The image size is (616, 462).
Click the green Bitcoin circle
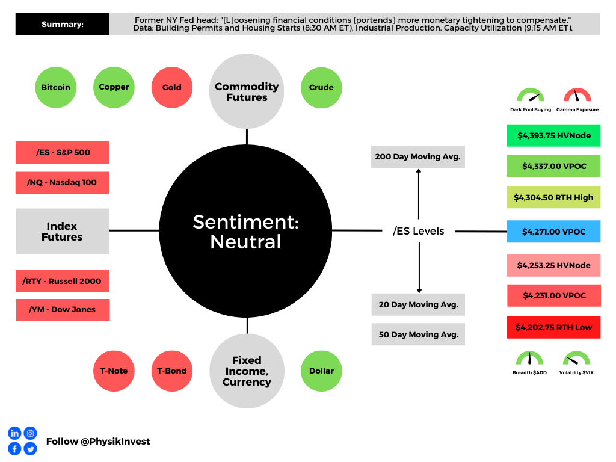point(55,87)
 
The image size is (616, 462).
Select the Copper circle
point(114,87)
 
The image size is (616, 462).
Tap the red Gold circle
point(171,87)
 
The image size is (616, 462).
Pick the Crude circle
point(321,87)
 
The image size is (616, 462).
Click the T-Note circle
point(114,371)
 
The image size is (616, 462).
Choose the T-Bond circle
point(171,371)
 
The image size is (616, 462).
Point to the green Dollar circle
point(321,371)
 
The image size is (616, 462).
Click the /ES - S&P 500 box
point(62,152)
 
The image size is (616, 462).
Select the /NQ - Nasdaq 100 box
point(62,183)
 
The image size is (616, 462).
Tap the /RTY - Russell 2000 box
point(63,281)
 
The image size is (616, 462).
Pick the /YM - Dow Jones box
point(63,310)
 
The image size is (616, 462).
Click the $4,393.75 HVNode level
point(553,136)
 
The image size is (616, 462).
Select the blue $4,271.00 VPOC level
point(553,232)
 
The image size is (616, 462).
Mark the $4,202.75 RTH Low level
point(553,328)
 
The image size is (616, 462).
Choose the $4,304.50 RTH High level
point(553,197)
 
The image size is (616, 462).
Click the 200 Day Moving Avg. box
point(417,157)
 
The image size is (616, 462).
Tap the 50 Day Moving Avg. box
point(418,334)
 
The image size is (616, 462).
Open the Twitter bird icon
point(30,448)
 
